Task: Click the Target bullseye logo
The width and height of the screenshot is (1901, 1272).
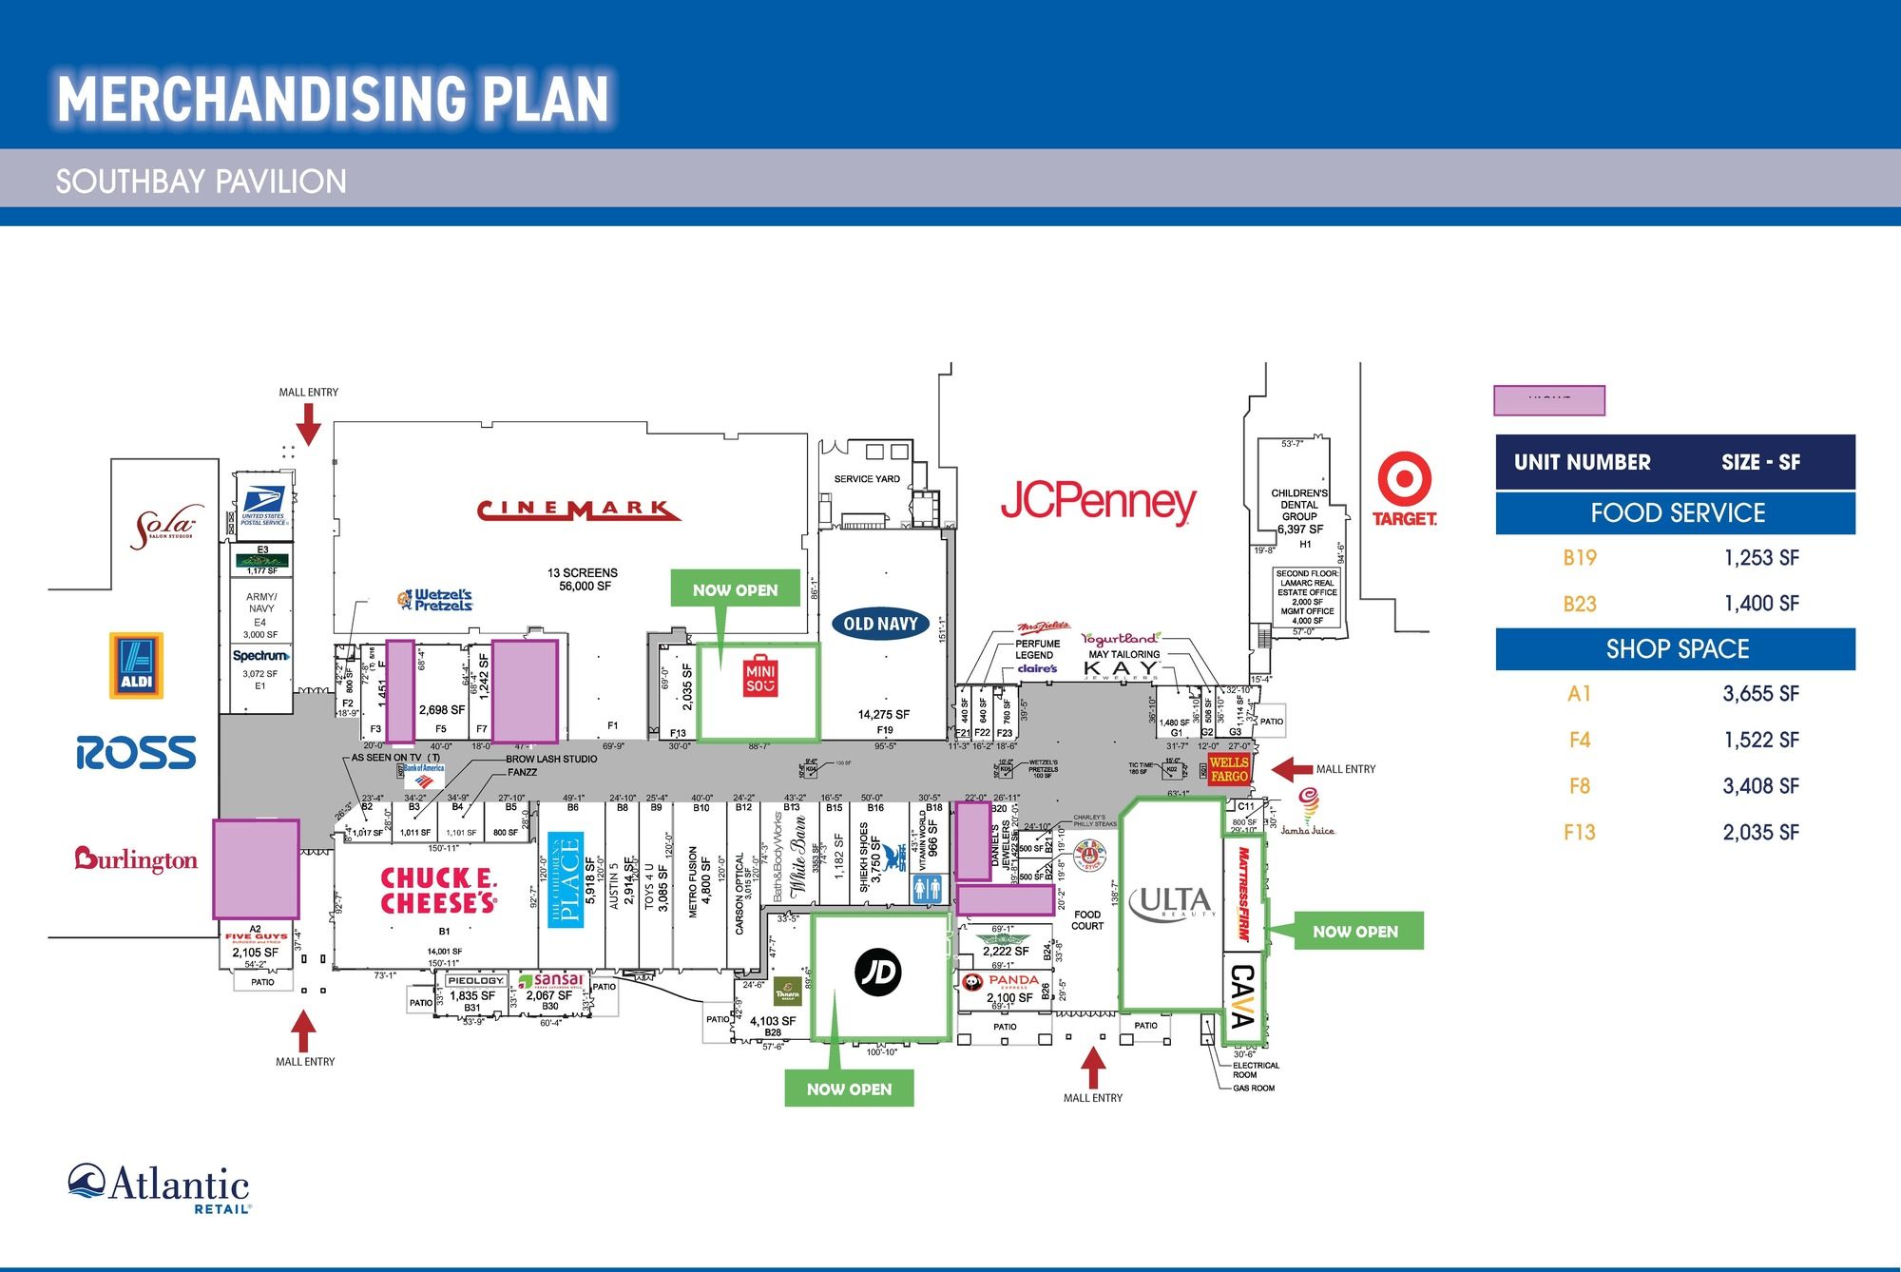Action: [x=1404, y=479]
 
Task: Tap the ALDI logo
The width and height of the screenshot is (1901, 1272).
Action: [x=136, y=665]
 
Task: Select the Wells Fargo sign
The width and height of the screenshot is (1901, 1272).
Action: [x=1228, y=769]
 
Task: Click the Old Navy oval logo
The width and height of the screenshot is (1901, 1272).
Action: [x=880, y=625]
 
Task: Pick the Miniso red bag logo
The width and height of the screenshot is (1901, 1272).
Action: [x=760, y=676]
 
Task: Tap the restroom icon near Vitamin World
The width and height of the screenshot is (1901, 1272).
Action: [x=927, y=889]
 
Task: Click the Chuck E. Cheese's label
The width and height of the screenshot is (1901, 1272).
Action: [x=438, y=891]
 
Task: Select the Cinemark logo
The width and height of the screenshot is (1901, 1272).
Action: [x=578, y=511]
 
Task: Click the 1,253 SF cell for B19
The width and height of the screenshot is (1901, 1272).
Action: [x=1761, y=558]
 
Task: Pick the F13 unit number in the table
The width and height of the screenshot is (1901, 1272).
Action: [x=1579, y=833]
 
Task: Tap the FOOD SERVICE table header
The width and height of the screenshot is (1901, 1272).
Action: [x=1677, y=513]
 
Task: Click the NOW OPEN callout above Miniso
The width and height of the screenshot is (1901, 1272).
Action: [x=735, y=589]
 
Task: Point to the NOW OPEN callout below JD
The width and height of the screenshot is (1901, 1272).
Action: [x=849, y=1089]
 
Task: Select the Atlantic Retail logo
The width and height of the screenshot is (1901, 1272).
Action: [x=159, y=1188]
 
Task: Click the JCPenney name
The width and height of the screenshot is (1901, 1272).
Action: [x=1098, y=502]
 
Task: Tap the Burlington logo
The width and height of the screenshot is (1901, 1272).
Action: [x=136, y=859]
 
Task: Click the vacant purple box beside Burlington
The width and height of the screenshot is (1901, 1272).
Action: [x=255, y=869]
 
